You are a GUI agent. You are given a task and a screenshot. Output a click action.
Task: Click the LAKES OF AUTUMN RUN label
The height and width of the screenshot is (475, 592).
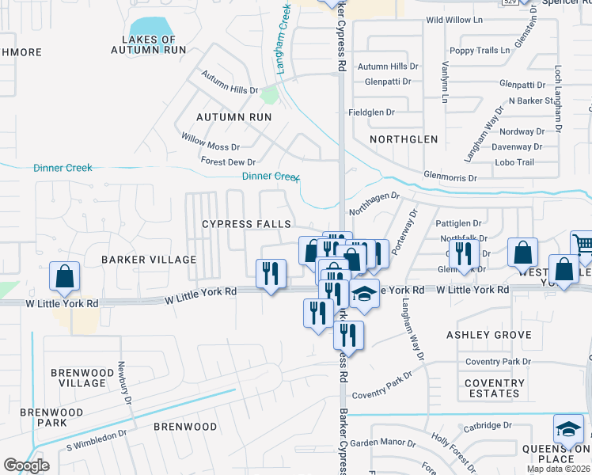[154, 44]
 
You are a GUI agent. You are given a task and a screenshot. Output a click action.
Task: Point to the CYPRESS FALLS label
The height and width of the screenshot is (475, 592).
[246, 224]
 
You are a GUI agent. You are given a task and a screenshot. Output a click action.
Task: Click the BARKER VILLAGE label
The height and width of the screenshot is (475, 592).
[149, 260]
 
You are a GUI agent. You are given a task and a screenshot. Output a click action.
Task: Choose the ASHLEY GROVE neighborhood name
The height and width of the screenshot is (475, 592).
[489, 335]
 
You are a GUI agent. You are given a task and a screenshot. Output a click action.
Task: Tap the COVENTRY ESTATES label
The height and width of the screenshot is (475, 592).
[494, 388]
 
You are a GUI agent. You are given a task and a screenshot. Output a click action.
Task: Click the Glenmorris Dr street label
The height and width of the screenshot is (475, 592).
[450, 178]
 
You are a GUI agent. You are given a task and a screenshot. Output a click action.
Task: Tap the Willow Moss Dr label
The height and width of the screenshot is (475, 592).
[210, 147]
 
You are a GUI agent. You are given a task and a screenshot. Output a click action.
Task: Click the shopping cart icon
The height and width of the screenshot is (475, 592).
[582, 243]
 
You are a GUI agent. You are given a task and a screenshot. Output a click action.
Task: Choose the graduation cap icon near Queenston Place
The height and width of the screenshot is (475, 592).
[567, 430]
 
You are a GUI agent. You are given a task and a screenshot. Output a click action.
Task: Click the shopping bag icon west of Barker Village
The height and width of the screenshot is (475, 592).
[65, 276]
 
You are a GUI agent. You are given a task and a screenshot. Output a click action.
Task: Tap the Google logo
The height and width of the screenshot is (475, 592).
[26, 465]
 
